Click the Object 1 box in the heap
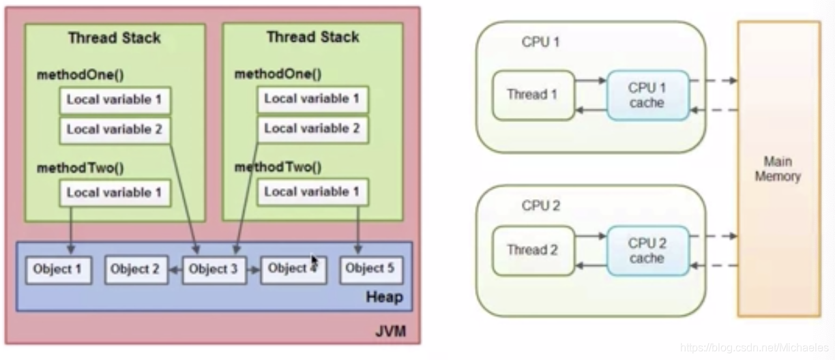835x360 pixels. click(x=57, y=270)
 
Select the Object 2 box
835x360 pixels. click(x=135, y=270)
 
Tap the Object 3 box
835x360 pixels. click(x=214, y=270)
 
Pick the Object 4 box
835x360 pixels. click(x=293, y=269)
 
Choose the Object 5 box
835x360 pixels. click(x=370, y=269)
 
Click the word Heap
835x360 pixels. click(x=384, y=297)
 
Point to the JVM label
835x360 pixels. click(x=390, y=332)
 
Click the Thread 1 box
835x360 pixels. click(x=532, y=95)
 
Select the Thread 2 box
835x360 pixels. click(x=532, y=250)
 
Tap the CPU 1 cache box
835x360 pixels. click(x=647, y=95)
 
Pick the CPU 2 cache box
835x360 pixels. click(x=647, y=250)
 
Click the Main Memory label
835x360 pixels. click(x=778, y=168)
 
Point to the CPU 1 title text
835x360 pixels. click(x=541, y=42)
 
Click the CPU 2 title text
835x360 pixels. click(x=541, y=205)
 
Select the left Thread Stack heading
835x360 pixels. click(x=115, y=37)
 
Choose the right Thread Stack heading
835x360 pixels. click(x=312, y=37)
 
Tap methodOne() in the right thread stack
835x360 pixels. click(x=278, y=74)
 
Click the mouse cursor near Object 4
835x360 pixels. click(x=314, y=261)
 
